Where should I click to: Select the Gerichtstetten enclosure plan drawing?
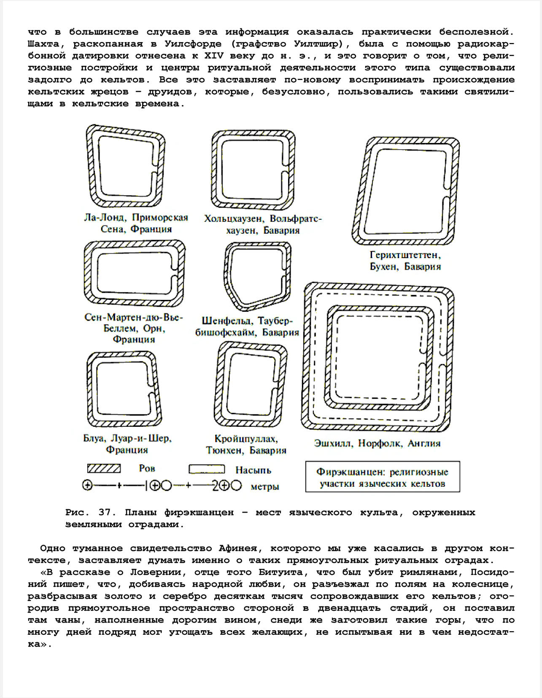[406, 191]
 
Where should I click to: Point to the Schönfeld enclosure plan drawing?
[257, 276]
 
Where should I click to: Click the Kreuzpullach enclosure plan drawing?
[251, 385]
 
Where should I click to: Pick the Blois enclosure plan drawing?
[124, 389]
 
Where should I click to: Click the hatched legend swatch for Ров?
[104, 469]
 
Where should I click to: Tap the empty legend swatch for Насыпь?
[206, 469]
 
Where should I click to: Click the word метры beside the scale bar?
[265, 487]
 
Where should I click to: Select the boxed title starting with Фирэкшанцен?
[383, 477]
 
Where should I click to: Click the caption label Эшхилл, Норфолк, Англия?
[377, 443]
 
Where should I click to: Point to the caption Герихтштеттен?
[405, 255]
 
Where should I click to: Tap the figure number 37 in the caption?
[105, 512]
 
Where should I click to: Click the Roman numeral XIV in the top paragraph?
[214, 56]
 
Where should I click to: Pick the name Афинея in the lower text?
[238, 548]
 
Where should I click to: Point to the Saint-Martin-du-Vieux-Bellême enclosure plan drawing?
[135, 273]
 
